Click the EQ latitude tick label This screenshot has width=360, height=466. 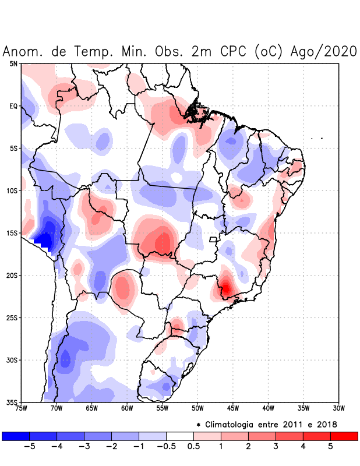pos(13,106)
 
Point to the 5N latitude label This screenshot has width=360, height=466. pos(13,63)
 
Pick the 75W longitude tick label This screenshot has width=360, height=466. pos(22,408)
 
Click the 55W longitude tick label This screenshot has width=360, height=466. pos(163,408)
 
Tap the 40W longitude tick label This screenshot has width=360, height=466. pos(269,408)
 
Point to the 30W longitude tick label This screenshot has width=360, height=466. pos(339,408)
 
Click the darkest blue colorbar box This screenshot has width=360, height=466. pos(16,436)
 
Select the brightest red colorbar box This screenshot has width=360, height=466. pos(344,436)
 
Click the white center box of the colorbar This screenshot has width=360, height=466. pos(179,436)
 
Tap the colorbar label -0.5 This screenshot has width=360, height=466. pos(165,446)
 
